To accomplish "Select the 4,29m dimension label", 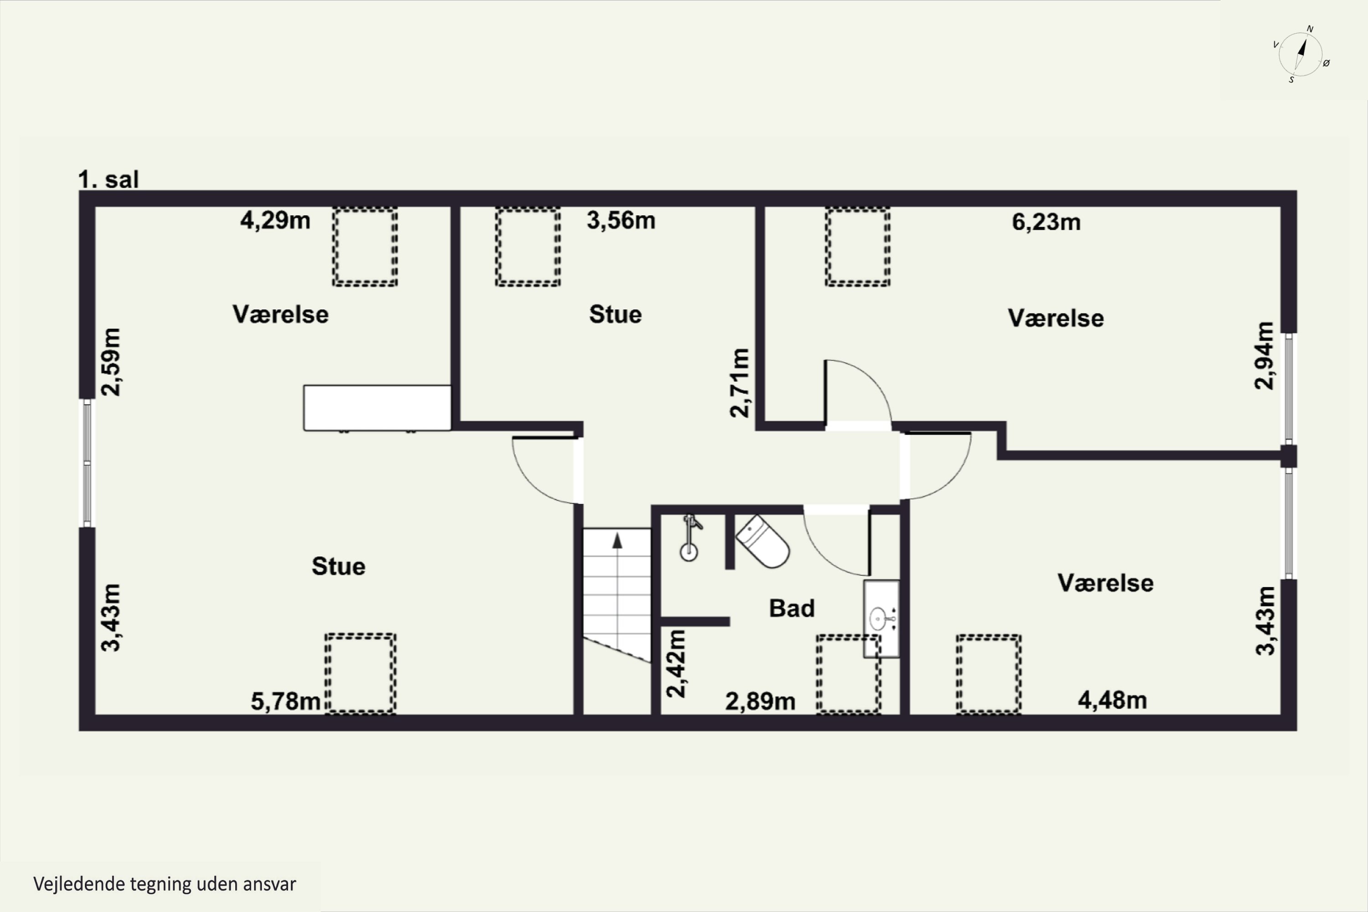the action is point(275,220).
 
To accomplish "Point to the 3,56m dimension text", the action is point(621,220).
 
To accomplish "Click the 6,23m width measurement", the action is point(1046,222).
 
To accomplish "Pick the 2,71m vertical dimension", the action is point(740,383).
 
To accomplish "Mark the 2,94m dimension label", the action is point(1264,355).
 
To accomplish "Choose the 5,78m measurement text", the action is point(285,701).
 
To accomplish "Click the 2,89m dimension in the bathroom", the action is point(760,701).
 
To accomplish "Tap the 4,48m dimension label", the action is point(1112,700).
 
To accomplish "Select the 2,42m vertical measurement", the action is point(676,663).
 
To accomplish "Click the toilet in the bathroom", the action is point(762,541).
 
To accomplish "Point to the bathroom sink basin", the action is point(881,619).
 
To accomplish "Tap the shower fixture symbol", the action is point(690,538).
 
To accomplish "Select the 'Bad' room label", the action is point(792,608).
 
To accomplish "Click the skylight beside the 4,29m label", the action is point(365,247).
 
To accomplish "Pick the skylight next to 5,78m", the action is point(361,674).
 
